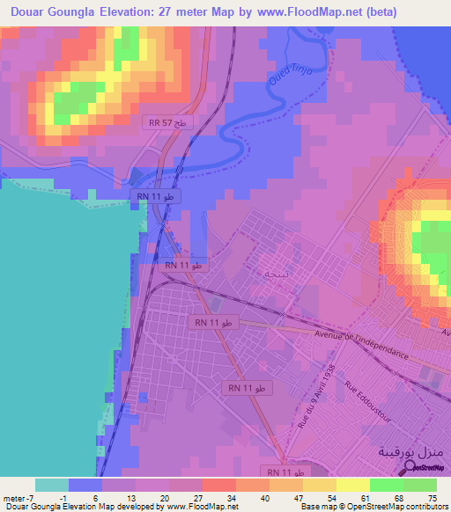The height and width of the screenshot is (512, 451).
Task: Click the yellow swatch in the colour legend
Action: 352,485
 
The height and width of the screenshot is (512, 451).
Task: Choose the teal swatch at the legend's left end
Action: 52,485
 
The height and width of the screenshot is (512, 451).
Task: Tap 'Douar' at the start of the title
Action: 27,12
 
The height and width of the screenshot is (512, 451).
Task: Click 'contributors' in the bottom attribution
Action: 425,507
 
